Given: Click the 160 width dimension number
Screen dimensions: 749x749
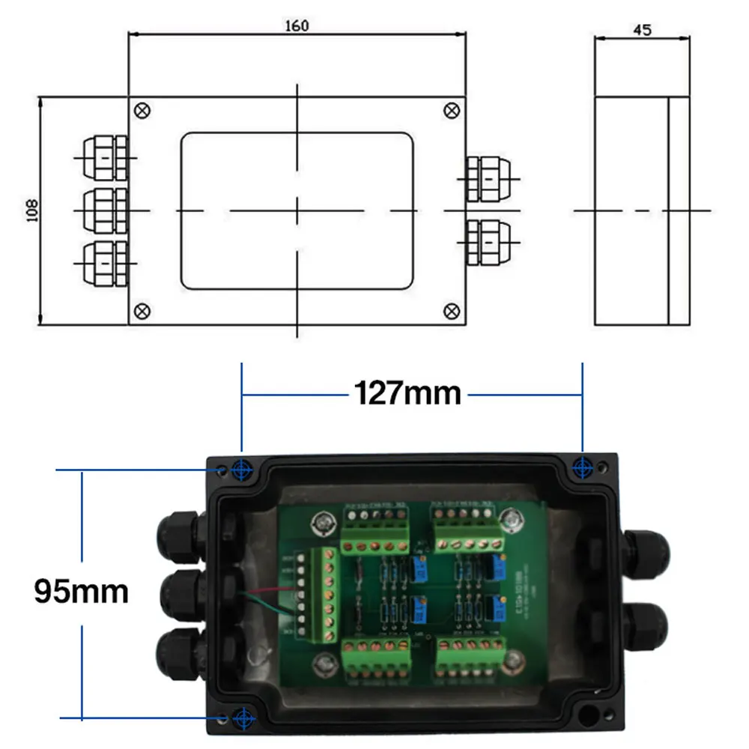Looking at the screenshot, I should coord(297,25).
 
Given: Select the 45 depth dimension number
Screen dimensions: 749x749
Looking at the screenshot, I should coord(642,30).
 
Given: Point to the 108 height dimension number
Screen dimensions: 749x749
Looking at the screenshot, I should coord(31,211).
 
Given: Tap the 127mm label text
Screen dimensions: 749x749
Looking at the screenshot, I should coord(407,392).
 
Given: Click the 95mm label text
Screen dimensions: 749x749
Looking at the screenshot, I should coord(81,592).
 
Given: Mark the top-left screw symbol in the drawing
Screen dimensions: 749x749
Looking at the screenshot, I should coord(142,110).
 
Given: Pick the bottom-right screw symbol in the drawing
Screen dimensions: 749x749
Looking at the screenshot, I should coord(452,310).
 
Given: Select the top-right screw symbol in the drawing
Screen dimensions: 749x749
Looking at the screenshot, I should coord(452,110).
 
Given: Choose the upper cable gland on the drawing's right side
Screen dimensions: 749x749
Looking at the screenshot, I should coord(485,178).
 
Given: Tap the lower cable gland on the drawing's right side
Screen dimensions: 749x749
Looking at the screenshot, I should coord(485,242).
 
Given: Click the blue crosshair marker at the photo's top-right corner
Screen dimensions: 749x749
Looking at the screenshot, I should coord(582,468).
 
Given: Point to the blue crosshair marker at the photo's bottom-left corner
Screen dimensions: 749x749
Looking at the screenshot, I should coord(242,718).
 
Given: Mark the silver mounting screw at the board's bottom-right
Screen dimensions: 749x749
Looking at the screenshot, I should coord(514,660).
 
